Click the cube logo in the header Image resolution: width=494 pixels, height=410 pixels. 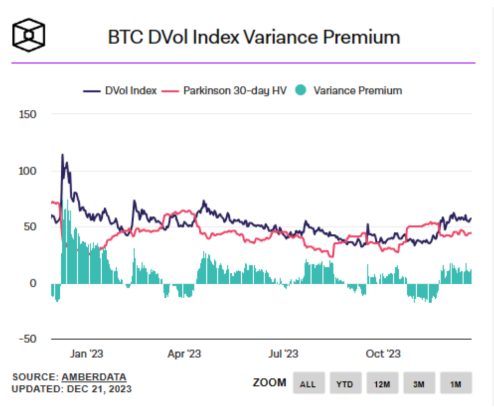click(x=29, y=36)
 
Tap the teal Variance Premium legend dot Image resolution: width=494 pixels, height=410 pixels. click(x=301, y=91)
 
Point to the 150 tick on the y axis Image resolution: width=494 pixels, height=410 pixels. click(x=28, y=114)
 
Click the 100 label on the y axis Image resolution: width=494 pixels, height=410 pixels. click(x=28, y=171)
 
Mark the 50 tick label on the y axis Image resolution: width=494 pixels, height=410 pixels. click(x=31, y=227)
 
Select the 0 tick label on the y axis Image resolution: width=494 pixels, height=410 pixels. click(x=34, y=283)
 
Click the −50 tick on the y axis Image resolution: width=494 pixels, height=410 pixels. click(x=27, y=339)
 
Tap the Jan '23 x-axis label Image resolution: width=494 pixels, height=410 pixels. click(x=86, y=354)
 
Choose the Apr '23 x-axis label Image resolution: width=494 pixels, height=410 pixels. click(x=184, y=354)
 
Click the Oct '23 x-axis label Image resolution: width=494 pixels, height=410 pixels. click(x=383, y=354)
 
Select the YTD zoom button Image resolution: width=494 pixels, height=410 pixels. click(x=345, y=384)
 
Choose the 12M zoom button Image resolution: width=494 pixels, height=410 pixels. click(x=382, y=384)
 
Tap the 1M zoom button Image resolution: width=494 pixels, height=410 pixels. click(x=455, y=384)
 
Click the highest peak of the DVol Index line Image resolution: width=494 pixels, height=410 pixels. click(x=62, y=155)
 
